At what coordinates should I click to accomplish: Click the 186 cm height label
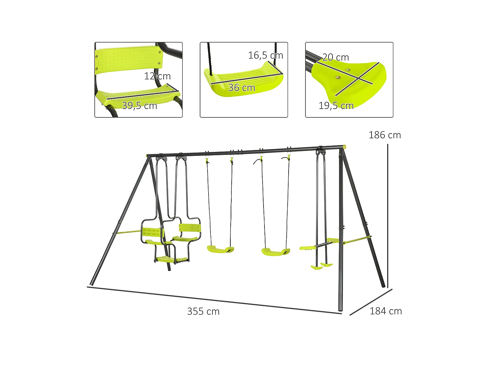(x=385, y=135)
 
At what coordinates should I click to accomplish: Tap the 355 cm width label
(x=203, y=311)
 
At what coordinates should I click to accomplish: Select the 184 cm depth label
(x=386, y=311)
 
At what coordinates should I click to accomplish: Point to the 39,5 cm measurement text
(x=139, y=106)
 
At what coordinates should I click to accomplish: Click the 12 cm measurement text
(x=157, y=76)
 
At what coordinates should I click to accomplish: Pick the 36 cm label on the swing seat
(x=241, y=88)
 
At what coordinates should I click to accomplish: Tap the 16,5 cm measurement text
(x=265, y=55)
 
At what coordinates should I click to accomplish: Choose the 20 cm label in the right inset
(x=335, y=57)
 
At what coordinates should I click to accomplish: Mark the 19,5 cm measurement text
(x=336, y=106)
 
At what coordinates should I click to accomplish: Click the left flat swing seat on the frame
(x=221, y=250)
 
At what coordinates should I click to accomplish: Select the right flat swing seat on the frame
(x=276, y=252)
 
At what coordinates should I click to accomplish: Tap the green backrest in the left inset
(x=129, y=60)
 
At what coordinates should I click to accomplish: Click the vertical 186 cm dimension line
(x=388, y=215)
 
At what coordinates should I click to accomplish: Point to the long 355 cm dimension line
(x=215, y=300)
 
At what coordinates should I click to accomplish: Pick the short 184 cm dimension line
(x=371, y=302)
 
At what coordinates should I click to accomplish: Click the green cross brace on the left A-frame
(x=129, y=232)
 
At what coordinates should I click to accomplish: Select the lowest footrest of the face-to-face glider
(x=171, y=259)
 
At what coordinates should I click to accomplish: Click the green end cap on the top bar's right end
(x=345, y=147)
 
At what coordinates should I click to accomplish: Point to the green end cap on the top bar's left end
(x=147, y=156)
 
